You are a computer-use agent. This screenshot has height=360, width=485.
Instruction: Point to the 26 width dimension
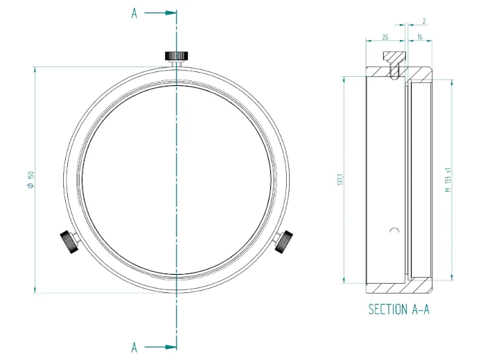385,37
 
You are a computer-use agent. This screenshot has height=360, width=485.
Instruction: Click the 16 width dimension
420,37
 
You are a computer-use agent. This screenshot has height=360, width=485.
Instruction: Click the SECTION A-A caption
398,309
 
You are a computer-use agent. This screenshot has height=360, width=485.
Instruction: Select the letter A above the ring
134,13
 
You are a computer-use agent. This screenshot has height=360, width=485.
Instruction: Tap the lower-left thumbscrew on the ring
68,242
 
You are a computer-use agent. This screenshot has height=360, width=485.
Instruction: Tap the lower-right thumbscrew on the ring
283,242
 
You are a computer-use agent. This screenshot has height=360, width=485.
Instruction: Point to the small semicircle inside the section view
394,230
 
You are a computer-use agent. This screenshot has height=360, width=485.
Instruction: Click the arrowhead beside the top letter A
172,12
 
